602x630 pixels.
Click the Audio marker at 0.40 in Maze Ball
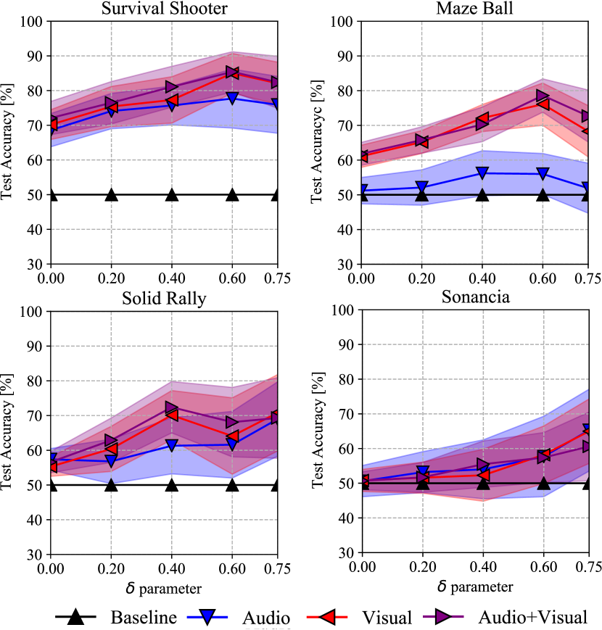[481, 173]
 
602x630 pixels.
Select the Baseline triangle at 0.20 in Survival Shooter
[111, 194]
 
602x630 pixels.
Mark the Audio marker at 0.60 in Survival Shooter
[232, 98]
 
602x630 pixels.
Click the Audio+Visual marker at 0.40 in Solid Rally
[172, 408]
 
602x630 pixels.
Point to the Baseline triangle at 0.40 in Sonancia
[481, 483]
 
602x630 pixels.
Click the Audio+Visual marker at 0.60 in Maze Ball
[542, 96]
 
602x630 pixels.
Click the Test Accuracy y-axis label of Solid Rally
[9, 431]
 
